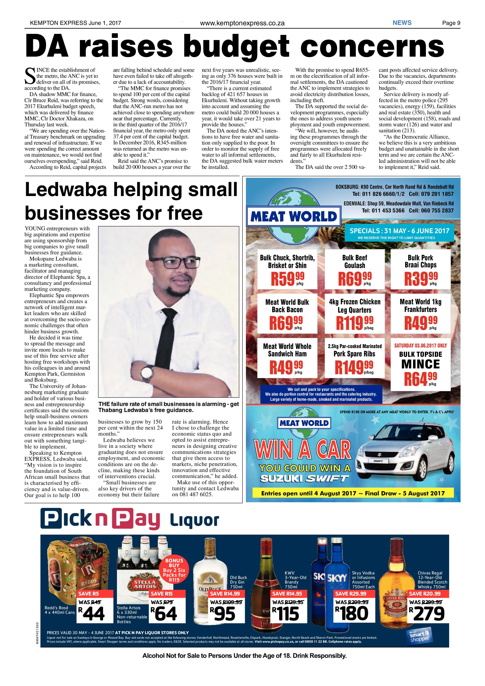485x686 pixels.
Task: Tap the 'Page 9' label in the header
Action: pyautogui.click(x=451, y=23)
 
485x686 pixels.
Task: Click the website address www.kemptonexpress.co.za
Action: pyautogui.click(x=242, y=23)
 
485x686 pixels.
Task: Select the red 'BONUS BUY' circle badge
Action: pyautogui.click(x=174, y=570)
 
